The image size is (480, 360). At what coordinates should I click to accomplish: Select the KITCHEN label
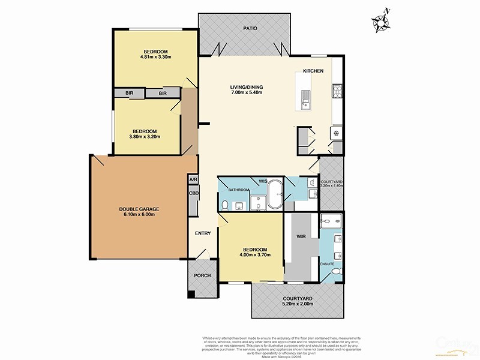(x=313, y=71)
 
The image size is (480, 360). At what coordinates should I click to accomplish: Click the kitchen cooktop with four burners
(x=337, y=92)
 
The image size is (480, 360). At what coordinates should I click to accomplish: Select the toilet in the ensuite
(x=336, y=272)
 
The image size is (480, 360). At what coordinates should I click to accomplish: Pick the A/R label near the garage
(x=193, y=180)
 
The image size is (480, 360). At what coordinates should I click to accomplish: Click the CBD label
(x=193, y=193)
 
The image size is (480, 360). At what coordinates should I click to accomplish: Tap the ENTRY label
(x=202, y=233)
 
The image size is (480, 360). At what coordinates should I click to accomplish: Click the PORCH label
(x=200, y=275)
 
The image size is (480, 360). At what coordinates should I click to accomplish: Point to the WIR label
(x=302, y=236)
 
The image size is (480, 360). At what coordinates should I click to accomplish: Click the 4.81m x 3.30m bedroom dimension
(x=155, y=58)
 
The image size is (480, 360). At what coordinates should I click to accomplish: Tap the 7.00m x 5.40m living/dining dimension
(x=247, y=94)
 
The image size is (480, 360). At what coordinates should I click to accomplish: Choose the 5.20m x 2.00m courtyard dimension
(x=298, y=305)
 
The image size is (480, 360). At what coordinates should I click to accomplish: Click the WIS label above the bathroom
(x=263, y=180)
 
